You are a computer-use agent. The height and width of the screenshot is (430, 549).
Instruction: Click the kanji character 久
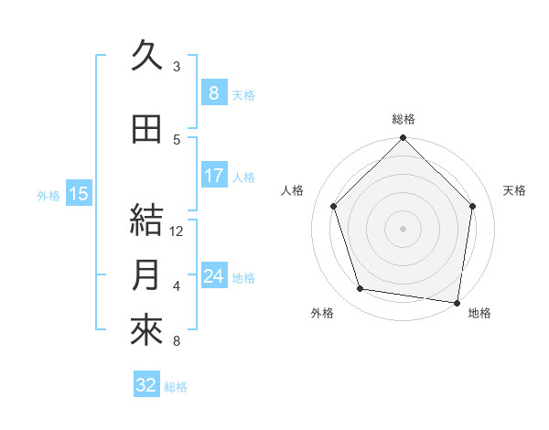point(147,57)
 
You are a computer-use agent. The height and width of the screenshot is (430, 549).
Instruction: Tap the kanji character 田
point(147,130)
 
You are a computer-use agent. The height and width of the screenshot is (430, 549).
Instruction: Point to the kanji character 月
point(147,275)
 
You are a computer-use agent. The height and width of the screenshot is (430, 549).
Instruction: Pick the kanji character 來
point(147,330)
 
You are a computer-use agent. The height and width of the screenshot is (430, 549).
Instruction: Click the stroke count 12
point(178,231)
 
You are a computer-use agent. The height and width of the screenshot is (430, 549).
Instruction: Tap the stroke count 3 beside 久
point(177,67)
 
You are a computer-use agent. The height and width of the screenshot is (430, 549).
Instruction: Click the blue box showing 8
point(214,93)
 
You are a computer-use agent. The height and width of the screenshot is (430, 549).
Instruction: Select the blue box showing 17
point(214,176)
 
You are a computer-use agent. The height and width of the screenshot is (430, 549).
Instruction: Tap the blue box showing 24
point(214,275)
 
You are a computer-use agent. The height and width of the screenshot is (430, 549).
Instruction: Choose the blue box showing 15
point(78,194)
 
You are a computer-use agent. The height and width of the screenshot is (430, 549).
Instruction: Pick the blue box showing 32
point(146,385)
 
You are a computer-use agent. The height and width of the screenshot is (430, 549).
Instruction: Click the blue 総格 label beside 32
point(176,387)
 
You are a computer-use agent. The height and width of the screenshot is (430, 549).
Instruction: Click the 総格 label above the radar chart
point(404,119)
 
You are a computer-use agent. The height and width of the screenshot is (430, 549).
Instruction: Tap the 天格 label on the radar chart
point(514,190)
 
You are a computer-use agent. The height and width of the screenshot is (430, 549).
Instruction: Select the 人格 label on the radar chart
point(292,190)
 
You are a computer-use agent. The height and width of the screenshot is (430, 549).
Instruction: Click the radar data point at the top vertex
point(404,139)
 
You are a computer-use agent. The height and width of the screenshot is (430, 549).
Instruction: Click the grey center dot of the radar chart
point(404,228)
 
